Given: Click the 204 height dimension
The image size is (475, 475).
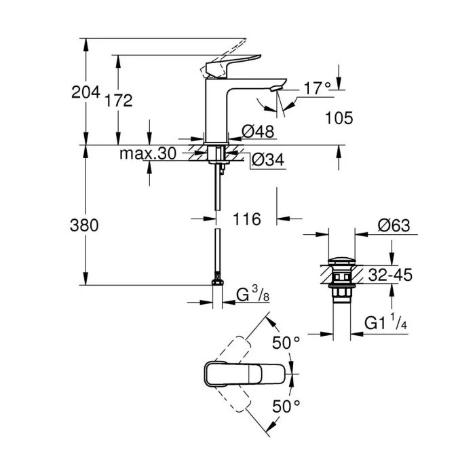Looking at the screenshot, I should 85,92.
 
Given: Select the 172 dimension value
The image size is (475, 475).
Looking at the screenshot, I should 118,100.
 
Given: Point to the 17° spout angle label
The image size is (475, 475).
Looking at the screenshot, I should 317,87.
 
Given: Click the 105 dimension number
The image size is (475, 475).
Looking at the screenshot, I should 339,118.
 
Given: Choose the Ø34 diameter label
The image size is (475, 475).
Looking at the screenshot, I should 266,160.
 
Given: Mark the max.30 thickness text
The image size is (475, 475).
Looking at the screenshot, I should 148,153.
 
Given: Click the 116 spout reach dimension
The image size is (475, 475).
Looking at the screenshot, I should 247,219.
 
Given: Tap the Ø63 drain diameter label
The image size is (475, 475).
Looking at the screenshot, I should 394,226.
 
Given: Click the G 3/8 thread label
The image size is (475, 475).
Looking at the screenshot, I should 252,295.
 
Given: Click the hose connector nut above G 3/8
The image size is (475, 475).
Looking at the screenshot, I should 217,280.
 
